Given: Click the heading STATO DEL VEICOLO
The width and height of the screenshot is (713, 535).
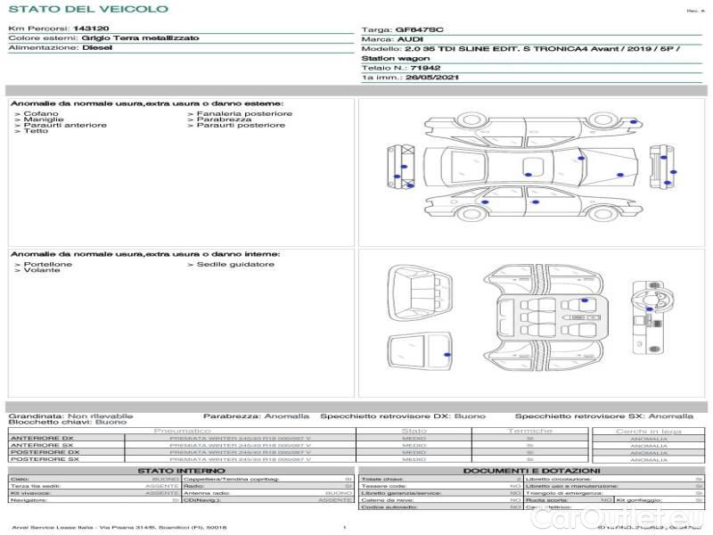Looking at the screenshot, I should [x=87, y=10].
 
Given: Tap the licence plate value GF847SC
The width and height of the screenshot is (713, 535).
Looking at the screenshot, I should [x=418, y=29].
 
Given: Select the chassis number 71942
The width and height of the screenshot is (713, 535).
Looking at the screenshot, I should [x=424, y=67].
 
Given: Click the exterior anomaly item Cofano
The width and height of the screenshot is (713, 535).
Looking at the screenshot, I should [x=41, y=114].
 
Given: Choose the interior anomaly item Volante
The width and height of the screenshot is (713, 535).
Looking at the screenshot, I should [x=42, y=270].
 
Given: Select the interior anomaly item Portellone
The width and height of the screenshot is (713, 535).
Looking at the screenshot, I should [x=48, y=265].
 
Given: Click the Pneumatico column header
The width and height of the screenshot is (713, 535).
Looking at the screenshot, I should [x=182, y=432].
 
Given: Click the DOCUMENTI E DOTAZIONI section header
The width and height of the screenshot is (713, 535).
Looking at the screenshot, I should [x=531, y=471].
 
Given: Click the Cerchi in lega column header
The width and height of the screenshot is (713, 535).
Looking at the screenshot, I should [x=648, y=432].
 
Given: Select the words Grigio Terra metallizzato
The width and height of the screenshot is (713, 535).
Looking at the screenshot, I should [x=128, y=39].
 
